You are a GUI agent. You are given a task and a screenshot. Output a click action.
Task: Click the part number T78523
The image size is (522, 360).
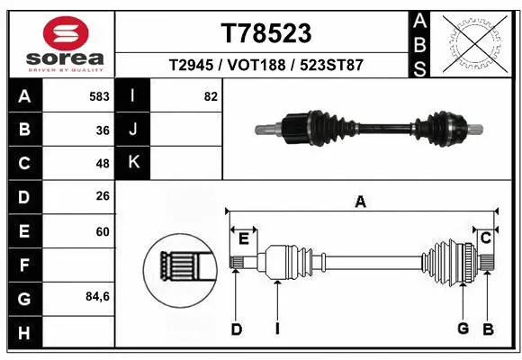(265, 33)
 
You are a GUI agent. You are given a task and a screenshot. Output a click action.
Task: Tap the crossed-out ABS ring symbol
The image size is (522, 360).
(475, 43)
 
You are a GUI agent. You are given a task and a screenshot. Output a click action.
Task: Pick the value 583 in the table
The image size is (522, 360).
(99, 95)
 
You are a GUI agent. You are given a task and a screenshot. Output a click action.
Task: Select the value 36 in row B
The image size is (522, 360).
(103, 130)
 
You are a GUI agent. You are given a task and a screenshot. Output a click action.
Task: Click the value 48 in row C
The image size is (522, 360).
(103, 164)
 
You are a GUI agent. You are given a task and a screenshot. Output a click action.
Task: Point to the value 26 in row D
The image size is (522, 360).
(103, 197)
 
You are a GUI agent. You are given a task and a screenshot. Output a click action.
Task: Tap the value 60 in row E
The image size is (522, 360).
(103, 231)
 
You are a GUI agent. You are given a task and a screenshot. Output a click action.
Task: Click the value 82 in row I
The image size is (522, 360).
(211, 95)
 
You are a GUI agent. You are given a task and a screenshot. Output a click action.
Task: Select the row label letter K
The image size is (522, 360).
(134, 163)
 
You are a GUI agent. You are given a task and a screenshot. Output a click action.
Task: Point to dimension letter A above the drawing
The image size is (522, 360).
(360, 202)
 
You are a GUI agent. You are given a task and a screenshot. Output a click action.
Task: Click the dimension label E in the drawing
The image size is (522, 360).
(243, 238)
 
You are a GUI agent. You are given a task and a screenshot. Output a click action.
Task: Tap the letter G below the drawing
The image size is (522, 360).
(463, 329)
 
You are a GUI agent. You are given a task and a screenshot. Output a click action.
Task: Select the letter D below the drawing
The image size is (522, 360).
(236, 329)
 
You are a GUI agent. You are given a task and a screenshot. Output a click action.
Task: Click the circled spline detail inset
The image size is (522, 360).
(179, 266)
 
